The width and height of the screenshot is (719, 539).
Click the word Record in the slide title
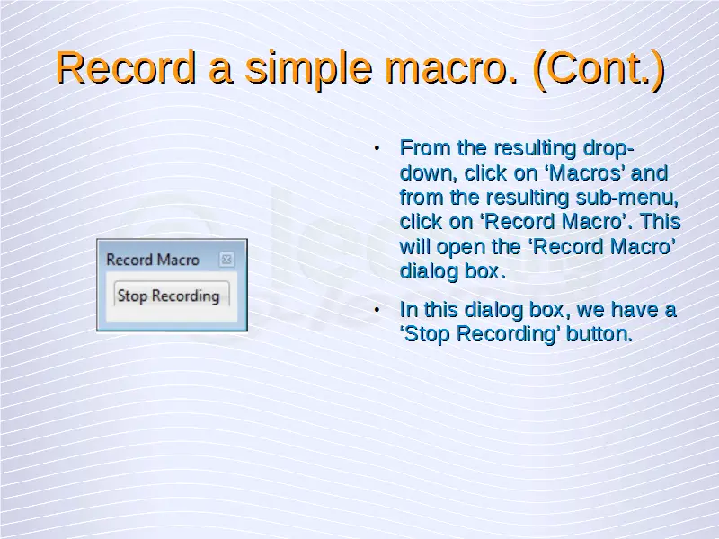click(126, 67)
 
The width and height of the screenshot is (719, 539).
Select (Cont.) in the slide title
click(599, 70)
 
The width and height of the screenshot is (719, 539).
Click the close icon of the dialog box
click(226, 260)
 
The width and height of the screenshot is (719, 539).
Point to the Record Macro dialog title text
click(153, 260)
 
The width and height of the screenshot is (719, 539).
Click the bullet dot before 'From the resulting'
click(377, 148)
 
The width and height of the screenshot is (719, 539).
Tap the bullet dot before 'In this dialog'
click(377, 310)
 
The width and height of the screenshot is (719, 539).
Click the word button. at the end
click(599, 333)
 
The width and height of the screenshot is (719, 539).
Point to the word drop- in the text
click(608, 149)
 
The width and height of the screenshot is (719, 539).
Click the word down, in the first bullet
click(429, 173)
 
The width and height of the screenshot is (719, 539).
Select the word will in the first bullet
click(415, 246)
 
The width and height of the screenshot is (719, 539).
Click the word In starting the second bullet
click(409, 310)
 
